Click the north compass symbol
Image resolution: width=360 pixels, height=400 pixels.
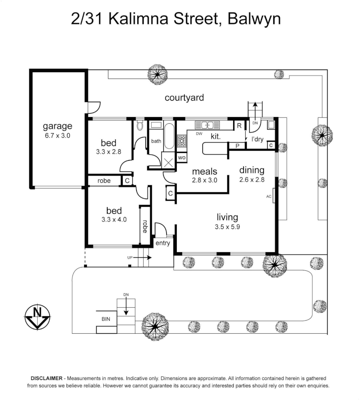tap(37, 317)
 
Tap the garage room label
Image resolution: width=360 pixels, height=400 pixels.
tap(57, 126)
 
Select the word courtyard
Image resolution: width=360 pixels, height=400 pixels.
tap(184, 97)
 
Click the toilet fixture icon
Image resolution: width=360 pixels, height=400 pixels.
tap(139, 125)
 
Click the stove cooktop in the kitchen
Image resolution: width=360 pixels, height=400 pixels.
tap(182, 141)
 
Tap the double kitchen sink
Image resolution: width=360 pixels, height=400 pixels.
tap(208, 125)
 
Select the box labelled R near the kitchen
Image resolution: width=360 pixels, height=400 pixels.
tap(239, 125)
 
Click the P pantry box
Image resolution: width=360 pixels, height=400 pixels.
tap(238, 146)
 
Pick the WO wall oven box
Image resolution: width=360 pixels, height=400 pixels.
tap(182, 157)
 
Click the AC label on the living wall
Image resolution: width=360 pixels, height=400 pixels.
tap(269, 196)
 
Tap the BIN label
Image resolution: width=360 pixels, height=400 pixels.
tap(106, 319)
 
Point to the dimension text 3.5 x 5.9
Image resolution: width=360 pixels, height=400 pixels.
tap(227, 227)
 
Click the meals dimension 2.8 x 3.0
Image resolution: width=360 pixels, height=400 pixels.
tap(205, 180)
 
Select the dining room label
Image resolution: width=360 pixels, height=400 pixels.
tap(252, 170)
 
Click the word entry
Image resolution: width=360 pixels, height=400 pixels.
tap(162, 243)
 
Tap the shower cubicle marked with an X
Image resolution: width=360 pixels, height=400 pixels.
tap(168, 163)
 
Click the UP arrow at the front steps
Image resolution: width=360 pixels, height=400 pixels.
tap(142, 258)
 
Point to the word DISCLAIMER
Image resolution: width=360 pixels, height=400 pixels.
tap(46, 378)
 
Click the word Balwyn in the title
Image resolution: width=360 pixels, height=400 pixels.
tap(254, 19)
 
